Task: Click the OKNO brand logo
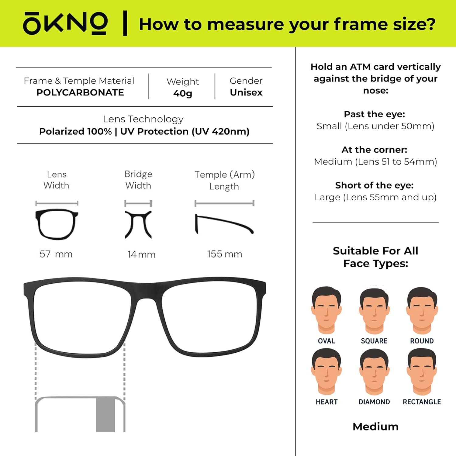tap(65, 23)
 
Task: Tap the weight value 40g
tap(183, 93)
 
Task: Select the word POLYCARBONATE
tap(80, 92)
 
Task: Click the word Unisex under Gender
tap(246, 92)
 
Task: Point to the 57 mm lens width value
tap(56, 254)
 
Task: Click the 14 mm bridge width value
tap(141, 254)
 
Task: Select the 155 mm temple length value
tap(225, 254)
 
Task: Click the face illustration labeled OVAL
tap(326, 310)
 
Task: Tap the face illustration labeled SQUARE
tap(374, 311)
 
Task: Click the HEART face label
tap(326, 402)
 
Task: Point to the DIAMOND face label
tap(374, 402)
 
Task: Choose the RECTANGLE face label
tap(422, 402)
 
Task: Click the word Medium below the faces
tap(375, 427)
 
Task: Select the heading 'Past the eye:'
tap(375, 114)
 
